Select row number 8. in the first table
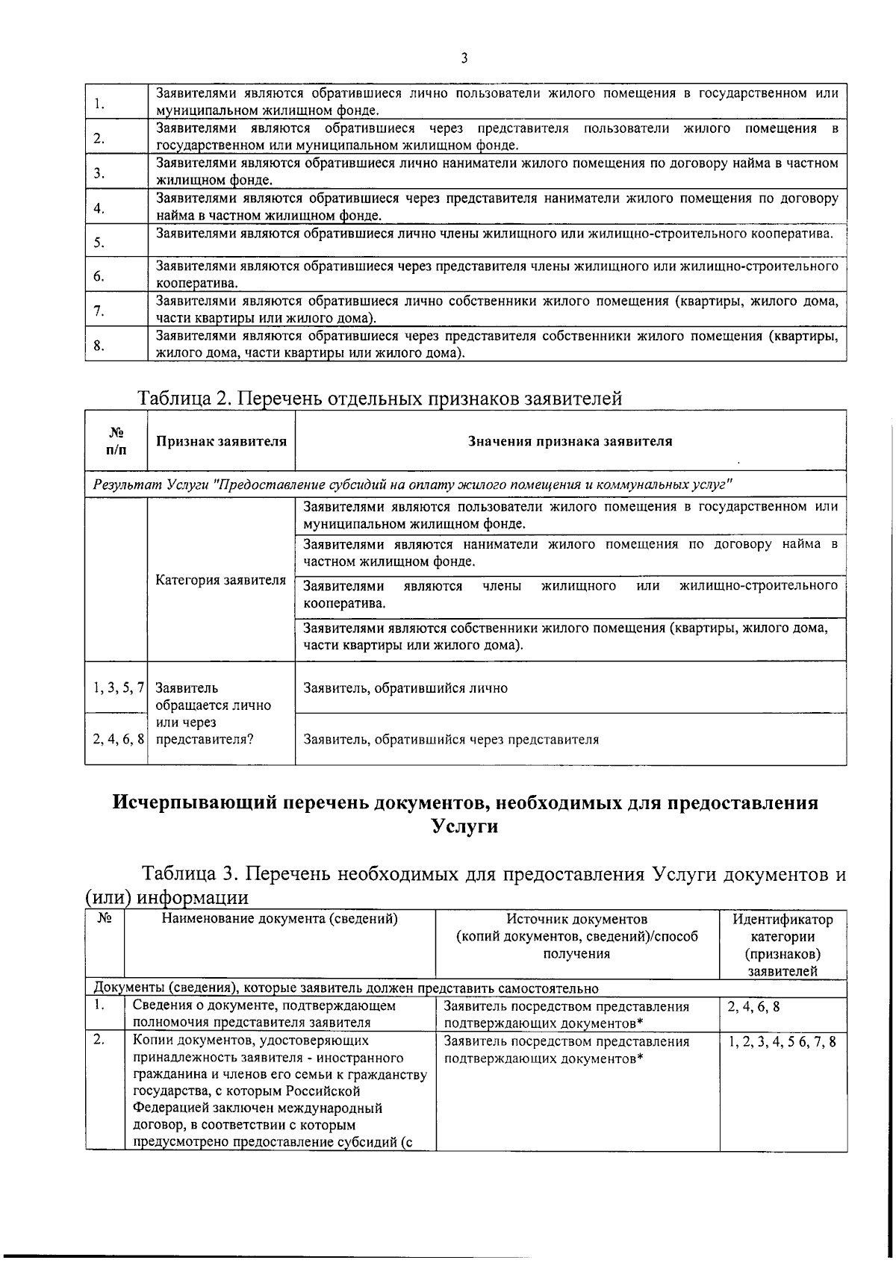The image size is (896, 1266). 99,345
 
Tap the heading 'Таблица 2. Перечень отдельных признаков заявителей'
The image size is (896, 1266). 379,399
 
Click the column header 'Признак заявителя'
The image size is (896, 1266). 221,441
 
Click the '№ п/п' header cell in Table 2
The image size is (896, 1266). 116,440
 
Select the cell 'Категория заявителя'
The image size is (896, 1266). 221,580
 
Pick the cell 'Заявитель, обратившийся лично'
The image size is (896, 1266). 405,688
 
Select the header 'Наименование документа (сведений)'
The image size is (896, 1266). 279,920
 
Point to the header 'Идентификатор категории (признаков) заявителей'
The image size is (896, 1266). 783,944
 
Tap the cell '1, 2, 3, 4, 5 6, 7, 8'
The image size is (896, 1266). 782,1041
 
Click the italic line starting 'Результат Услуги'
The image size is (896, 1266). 411,484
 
